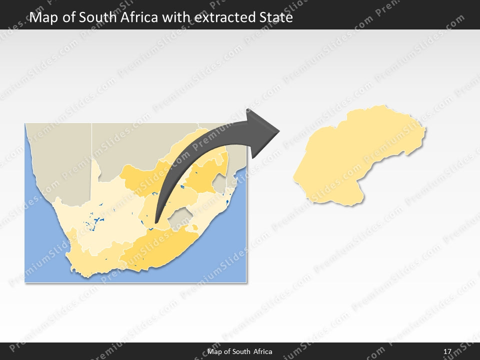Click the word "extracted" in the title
[219, 18]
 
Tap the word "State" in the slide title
[274, 18]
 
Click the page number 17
[447, 351]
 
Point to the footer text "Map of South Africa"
[240, 351]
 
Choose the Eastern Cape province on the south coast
[160, 247]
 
